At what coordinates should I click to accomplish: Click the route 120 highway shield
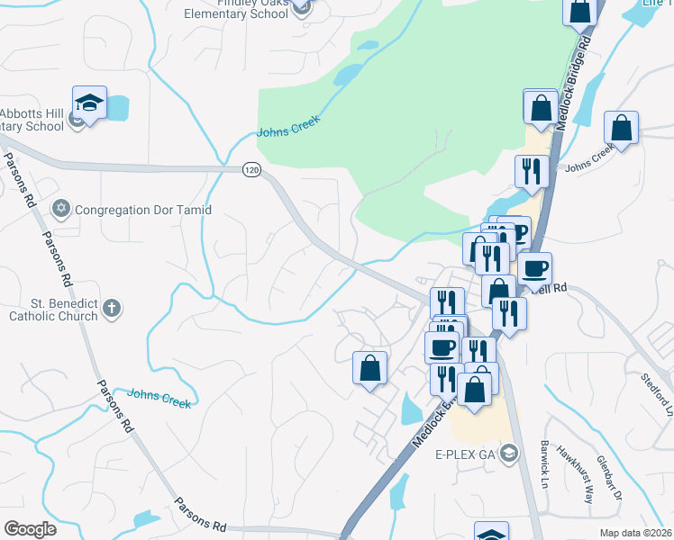[251, 169]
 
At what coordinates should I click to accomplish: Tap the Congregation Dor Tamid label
[143, 210]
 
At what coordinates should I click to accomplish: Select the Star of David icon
[62, 209]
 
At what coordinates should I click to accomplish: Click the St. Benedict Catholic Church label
[53, 310]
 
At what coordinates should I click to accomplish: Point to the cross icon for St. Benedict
[112, 309]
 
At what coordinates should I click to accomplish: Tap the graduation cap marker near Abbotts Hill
[90, 103]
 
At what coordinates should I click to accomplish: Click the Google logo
[30, 528]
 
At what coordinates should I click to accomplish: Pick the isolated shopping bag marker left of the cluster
[369, 368]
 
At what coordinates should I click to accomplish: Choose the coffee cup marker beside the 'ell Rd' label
[534, 267]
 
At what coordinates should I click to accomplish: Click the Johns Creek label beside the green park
[288, 130]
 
